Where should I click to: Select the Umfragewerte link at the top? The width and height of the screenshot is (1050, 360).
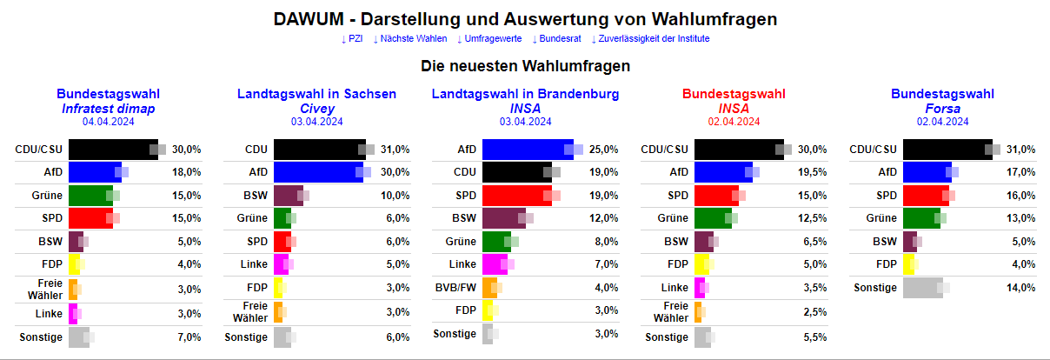[x=489, y=39]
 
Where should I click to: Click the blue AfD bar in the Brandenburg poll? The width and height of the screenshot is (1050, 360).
[x=526, y=150]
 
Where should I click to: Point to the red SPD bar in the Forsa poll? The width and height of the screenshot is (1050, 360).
[x=925, y=195]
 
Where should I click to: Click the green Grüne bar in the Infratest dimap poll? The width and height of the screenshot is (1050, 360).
[x=89, y=195]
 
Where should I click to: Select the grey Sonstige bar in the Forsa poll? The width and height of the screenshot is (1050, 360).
[x=921, y=287]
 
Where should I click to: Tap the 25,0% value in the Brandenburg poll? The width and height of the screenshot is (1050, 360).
[x=604, y=150]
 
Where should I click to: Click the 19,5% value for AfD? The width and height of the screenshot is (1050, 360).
[x=813, y=172]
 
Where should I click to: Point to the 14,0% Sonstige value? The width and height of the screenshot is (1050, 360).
[x=1021, y=287]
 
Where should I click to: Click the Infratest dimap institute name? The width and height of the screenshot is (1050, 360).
[x=108, y=109]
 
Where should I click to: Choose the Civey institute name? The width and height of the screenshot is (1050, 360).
[x=316, y=109]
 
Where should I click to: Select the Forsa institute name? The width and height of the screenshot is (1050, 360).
[x=942, y=109]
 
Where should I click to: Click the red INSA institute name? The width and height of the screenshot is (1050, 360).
[x=734, y=109]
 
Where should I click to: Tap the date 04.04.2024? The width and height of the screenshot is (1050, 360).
[x=108, y=122]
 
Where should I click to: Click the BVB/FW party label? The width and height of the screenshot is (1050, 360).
[x=455, y=287]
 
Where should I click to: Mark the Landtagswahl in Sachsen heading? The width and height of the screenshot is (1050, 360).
[x=316, y=94]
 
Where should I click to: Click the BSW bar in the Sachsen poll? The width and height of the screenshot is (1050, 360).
[x=288, y=195]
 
